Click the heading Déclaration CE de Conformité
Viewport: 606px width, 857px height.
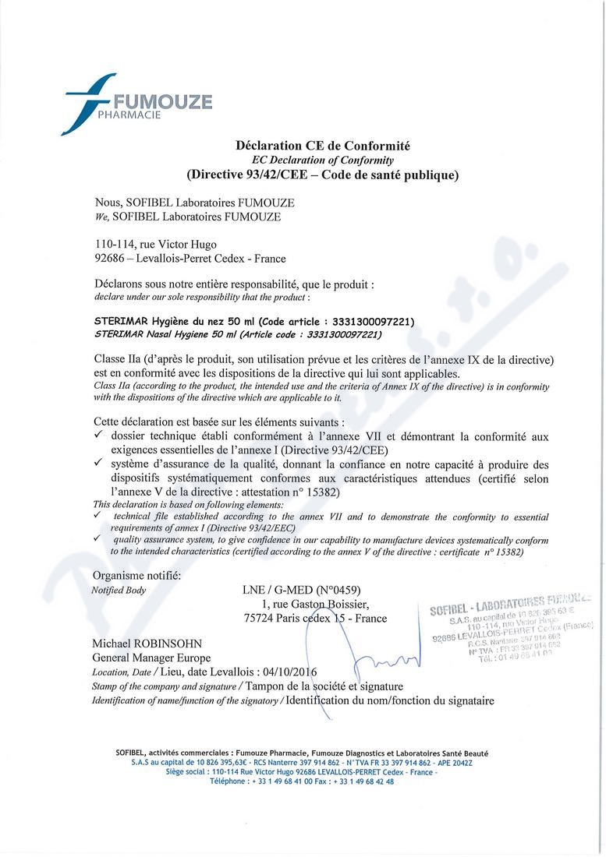pyautogui.click(x=322, y=146)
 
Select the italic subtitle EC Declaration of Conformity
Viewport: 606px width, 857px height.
pyautogui.click(x=322, y=160)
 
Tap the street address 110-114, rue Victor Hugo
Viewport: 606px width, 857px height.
pyautogui.click(x=154, y=244)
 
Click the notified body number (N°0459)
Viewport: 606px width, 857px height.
pyautogui.click(x=334, y=590)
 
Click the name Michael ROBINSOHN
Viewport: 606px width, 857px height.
pyautogui.click(x=147, y=644)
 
